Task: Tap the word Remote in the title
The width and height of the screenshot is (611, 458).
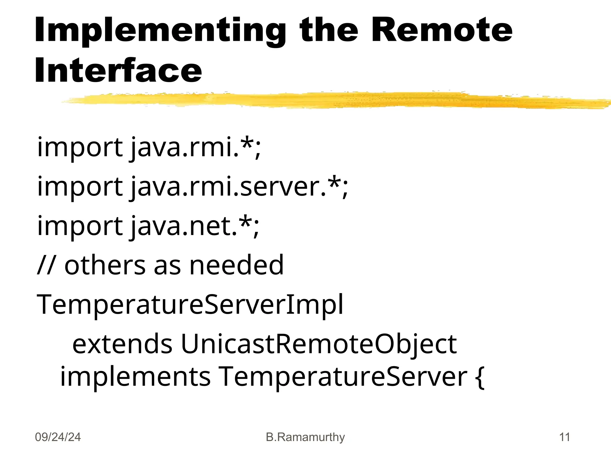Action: (442, 30)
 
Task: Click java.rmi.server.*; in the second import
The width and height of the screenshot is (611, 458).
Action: (239, 186)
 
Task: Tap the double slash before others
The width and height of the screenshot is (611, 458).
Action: (46, 265)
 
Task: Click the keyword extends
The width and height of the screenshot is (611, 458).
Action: (122, 344)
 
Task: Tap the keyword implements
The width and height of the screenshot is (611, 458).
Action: (135, 376)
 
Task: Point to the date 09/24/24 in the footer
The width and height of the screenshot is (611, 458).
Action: (58, 437)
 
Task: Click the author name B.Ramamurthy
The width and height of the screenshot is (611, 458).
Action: (305, 437)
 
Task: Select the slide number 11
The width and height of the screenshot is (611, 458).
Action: (564, 437)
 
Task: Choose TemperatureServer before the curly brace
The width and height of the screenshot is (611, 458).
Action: (343, 376)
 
